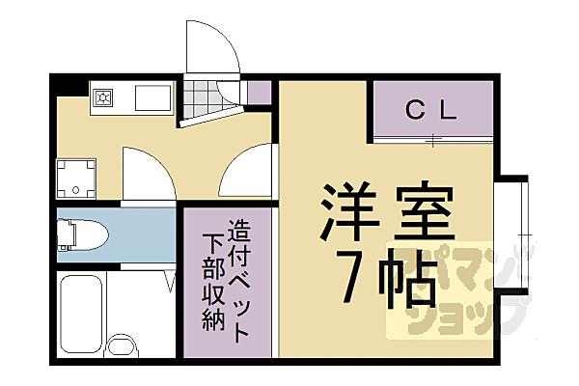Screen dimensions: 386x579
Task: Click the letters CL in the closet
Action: [430, 110]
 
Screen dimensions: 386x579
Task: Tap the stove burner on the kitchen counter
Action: [103, 97]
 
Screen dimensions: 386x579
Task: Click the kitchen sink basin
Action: [152, 98]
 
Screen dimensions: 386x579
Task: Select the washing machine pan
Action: [76, 178]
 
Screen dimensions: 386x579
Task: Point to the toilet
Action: [77, 234]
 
